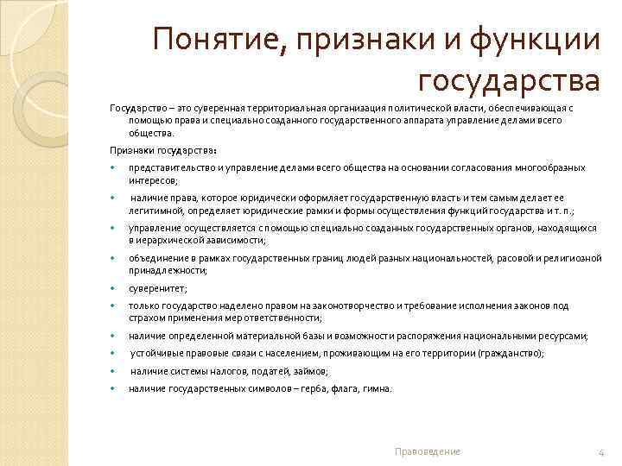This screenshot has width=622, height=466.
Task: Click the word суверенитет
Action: [x=156, y=289]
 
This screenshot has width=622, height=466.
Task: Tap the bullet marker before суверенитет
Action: [x=112, y=289]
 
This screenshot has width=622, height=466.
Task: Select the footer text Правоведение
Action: [x=428, y=451]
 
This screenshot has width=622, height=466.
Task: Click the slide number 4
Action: [x=600, y=451]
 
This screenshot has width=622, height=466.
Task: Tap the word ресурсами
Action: [x=565, y=336]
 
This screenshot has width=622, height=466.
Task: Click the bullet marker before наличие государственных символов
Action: [x=112, y=389]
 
